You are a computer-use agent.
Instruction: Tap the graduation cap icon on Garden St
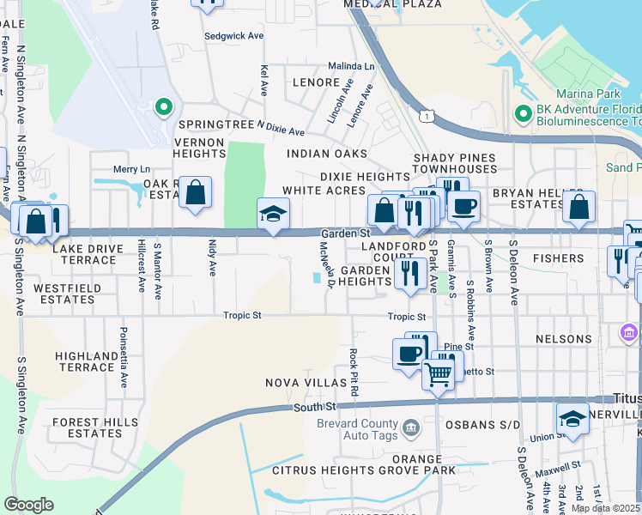(274, 215)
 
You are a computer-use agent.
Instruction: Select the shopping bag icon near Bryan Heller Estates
(579, 209)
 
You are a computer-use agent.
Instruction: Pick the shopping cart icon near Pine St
(439, 374)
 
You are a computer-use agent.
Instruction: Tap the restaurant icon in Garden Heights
(409, 274)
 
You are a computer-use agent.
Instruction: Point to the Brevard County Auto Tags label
(359, 431)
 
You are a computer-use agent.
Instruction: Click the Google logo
(28, 505)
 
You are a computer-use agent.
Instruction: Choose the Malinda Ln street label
(352, 66)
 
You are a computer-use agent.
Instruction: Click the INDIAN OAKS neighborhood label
(327, 154)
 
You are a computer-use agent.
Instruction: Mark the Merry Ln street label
(131, 170)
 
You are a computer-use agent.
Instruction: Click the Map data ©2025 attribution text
(604, 508)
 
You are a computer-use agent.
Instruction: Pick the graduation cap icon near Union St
(572, 421)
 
